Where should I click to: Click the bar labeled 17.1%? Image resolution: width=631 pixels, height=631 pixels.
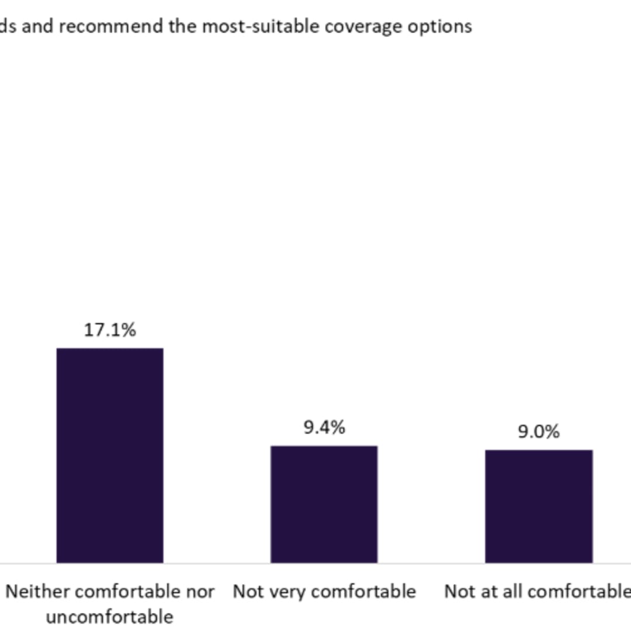[110, 455]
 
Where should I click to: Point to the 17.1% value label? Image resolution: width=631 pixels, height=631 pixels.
[110, 330]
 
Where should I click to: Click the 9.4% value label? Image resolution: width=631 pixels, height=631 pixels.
[324, 427]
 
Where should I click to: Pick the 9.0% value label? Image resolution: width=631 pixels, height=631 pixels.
[539, 431]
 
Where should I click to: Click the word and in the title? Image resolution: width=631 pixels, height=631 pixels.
[37, 26]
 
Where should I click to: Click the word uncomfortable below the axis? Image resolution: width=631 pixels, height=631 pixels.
[110, 616]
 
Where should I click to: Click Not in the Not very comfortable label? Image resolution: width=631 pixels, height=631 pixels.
[246, 591]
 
